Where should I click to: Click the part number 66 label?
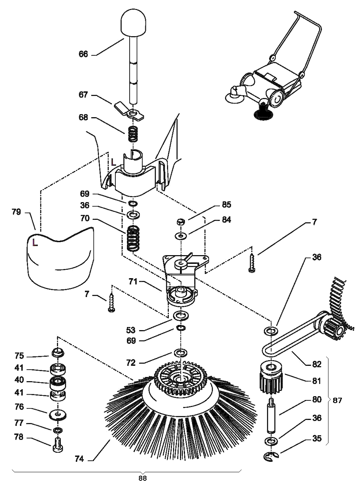83,54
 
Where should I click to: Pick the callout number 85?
226,204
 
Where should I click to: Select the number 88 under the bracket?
143,478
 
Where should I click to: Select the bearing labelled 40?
58,382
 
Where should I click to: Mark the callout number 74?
79,458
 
